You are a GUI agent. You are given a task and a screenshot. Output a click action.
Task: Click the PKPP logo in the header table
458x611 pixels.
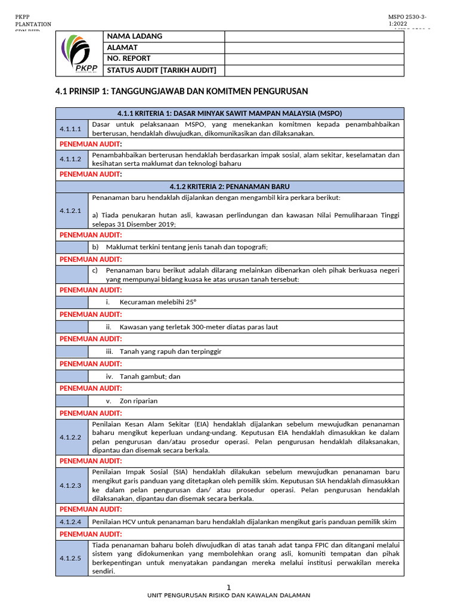coord(79,54)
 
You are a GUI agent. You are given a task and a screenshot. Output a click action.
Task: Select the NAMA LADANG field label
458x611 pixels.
coord(134,36)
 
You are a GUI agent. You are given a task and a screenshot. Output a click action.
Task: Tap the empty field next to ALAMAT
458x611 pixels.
coord(314,48)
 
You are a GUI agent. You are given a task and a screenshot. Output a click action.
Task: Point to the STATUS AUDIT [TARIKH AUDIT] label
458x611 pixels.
coord(161,70)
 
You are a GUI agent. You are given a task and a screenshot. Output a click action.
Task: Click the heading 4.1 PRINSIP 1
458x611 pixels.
coord(181,91)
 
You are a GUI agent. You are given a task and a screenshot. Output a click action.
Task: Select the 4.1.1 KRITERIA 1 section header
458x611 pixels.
coord(230,113)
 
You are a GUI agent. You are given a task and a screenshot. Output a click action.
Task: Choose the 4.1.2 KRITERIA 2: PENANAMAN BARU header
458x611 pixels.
coord(230,187)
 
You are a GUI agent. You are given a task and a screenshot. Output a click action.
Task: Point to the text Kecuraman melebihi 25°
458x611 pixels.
coord(158,302)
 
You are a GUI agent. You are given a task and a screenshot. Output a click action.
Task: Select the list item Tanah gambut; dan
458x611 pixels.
coord(150,377)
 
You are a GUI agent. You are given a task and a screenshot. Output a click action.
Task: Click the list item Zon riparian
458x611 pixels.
coord(138,401)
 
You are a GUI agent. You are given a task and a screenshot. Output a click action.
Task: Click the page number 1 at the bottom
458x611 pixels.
coord(228,587)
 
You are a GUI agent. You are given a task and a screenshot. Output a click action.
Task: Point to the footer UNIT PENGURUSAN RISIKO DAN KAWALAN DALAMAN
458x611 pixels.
coord(229,595)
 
